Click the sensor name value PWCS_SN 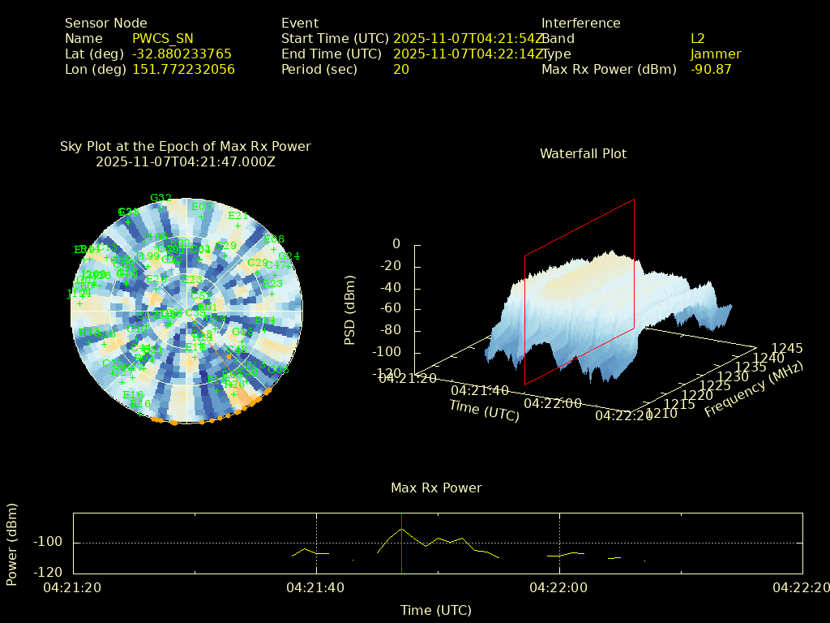[x=162, y=39]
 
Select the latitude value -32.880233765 [x=182, y=54]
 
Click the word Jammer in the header [x=716, y=54]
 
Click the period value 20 [x=401, y=70]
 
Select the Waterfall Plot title [x=583, y=154]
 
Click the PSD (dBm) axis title [x=350, y=309]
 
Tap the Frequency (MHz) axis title [x=753, y=389]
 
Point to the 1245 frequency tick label [x=787, y=348]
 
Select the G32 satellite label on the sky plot [x=160, y=198]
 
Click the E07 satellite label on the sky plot [x=202, y=207]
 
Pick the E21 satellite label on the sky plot [x=237, y=216]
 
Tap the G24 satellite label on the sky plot [x=289, y=256]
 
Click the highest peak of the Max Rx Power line [x=401, y=529]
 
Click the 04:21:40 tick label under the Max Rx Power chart [x=316, y=586]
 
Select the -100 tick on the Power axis [x=51, y=542]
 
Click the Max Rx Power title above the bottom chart [x=436, y=488]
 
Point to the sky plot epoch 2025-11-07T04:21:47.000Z [x=186, y=162]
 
